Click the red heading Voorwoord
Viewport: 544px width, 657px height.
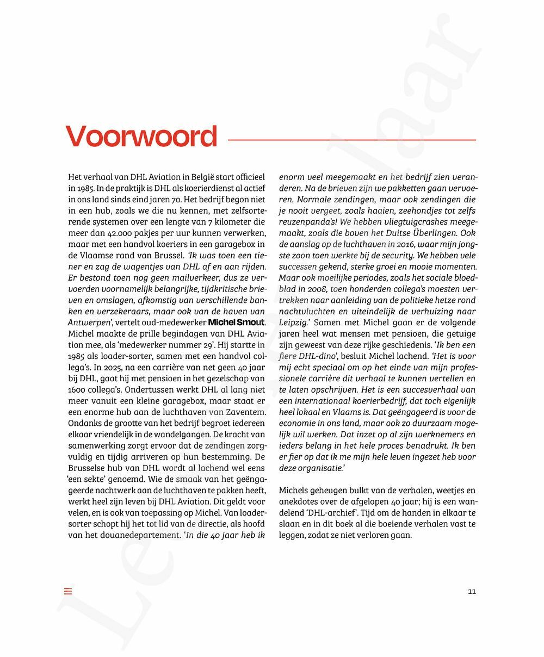(141, 137)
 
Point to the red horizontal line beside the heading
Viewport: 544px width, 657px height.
(351, 140)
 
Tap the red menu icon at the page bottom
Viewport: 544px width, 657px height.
(68, 591)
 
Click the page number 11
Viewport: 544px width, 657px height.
(472, 592)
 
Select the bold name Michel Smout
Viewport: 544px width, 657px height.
(236, 323)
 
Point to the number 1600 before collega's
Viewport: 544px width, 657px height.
(78, 389)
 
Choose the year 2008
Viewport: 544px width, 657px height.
(319, 289)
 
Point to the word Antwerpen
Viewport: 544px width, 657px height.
(89, 323)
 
